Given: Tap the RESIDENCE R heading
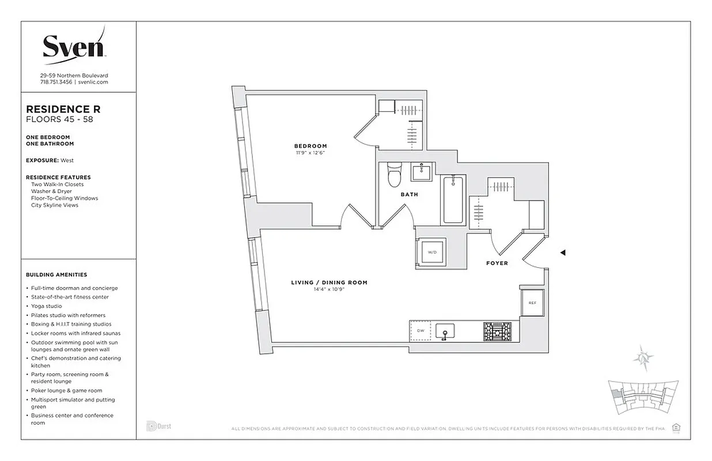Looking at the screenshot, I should (x=63, y=109).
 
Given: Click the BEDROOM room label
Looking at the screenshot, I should (x=310, y=146).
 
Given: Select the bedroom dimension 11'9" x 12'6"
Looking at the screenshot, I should (x=310, y=153).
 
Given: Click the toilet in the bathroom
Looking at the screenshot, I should (x=395, y=175).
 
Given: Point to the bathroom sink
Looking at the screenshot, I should (x=422, y=172).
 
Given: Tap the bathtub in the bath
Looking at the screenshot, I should (x=453, y=200).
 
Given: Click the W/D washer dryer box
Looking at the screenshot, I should (x=430, y=252).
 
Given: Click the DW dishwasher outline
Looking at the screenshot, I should (x=420, y=331).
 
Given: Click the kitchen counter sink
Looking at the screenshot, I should (x=445, y=332).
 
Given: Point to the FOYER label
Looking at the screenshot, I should (x=497, y=263).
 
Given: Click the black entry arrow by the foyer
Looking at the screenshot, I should (x=563, y=252).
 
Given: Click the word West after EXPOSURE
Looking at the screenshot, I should (x=67, y=160).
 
